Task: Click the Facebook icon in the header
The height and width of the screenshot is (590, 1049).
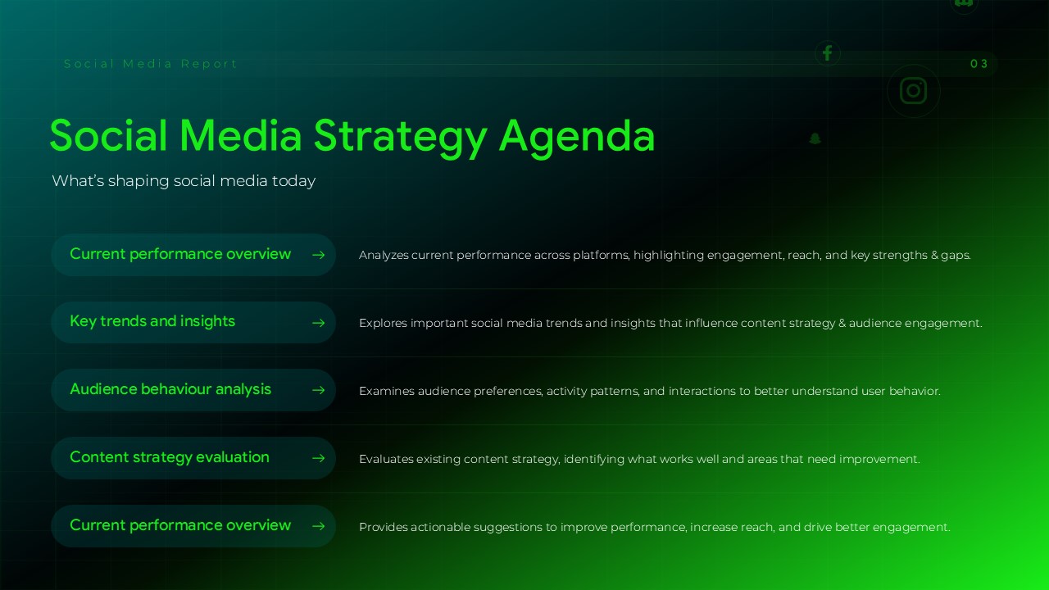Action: click(827, 53)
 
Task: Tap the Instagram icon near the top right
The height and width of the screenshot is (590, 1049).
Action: click(913, 90)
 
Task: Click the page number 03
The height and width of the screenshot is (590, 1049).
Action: click(979, 64)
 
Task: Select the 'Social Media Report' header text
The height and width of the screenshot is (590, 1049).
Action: click(151, 64)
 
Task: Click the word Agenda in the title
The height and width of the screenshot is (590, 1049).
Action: click(577, 136)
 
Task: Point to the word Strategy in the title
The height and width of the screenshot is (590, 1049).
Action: click(401, 136)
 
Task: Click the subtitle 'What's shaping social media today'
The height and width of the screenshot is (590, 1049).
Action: click(184, 181)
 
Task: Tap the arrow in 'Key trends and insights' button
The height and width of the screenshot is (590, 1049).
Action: click(319, 323)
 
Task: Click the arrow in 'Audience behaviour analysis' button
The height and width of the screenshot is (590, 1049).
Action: click(319, 391)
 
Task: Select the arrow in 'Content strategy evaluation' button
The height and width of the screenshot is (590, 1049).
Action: click(319, 459)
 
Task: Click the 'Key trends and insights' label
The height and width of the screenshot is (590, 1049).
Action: click(152, 321)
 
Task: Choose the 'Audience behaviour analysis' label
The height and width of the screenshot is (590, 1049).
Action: click(170, 389)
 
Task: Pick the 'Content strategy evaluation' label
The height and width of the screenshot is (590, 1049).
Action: click(170, 457)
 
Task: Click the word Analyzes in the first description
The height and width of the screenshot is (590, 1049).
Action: click(384, 256)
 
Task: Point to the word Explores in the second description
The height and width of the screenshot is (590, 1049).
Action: click(383, 324)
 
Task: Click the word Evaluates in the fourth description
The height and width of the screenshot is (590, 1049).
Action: click(386, 460)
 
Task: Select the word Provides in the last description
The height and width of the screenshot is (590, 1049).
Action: click(383, 528)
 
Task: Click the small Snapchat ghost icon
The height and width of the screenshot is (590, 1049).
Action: click(815, 138)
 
